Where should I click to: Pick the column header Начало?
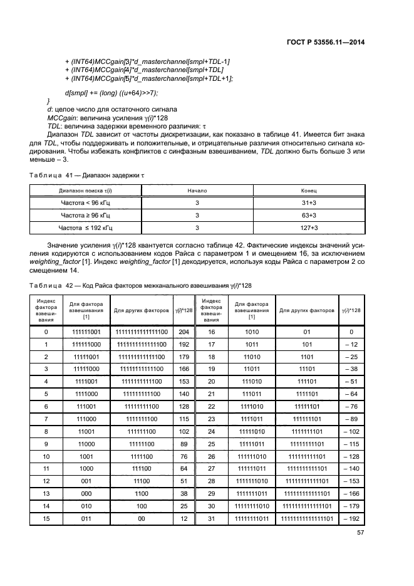click(x=197, y=190)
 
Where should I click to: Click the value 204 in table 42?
click(x=184, y=332)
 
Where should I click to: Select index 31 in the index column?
click(x=212, y=519)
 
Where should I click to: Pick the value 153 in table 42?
click(x=184, y=382)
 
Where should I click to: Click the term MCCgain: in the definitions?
click(x=63, y=117)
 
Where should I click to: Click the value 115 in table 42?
click(x=184, y=419)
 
